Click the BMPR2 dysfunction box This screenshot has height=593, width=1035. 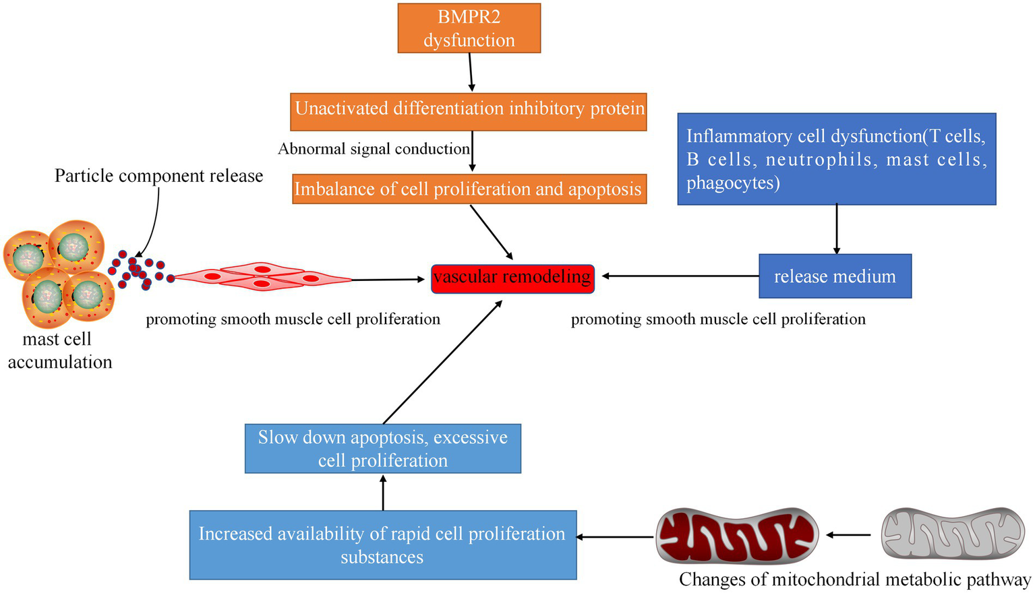[x=469, y=28]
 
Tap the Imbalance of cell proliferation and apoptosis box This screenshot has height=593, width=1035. [x=469, y=189]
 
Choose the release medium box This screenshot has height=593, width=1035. [x=835, y=276]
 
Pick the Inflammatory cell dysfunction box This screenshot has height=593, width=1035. [x=836, y=159]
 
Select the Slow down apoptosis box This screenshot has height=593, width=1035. [x=382, y=448]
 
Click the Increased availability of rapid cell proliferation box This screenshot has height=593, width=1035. [x=382, y=544]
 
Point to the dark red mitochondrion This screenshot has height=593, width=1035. [x=737, y=536]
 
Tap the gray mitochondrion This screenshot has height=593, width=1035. [x=953, y=534]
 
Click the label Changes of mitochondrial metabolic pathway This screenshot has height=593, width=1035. [x=854, y=580]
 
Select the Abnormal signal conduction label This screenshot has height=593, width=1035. [x=374, y=149]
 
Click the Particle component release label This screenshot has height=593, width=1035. [x=158, y=176]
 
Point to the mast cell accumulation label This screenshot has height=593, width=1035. [x=59, y=350]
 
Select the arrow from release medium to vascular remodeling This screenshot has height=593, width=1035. [x=681, y=276]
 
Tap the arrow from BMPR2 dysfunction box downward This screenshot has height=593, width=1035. [x=471, y=72]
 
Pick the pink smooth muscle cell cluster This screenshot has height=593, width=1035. [x=263, y=276]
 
